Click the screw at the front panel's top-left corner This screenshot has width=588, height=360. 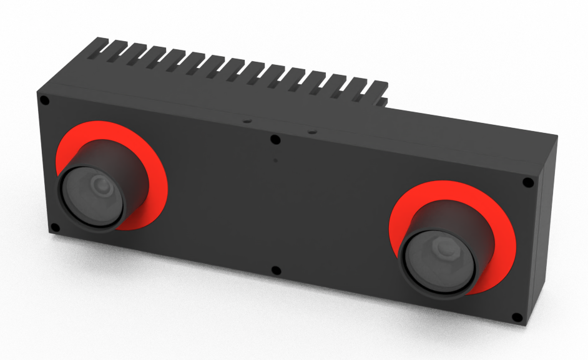(45, 100)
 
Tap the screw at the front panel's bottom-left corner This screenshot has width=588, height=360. (54, 228)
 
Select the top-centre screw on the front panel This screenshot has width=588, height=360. (275, 139)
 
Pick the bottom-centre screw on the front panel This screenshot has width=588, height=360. (277, 271)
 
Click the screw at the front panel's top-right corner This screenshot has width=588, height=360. (527, 183)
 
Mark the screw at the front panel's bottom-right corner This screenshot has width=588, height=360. (517, 317)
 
